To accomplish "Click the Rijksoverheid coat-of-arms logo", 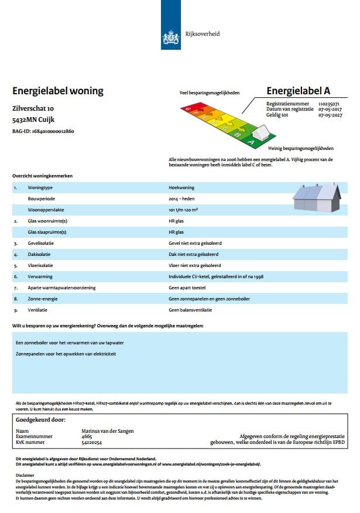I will pyautogui.click(x=170, y=36).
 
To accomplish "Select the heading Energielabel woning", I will pyautogui.click(x=57, y=91).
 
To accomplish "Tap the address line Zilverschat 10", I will pyautogui.click(x=33, y=109).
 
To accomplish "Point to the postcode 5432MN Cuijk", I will pyautogui.click(x=37, y=119).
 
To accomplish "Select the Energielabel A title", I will pyautogui.click(x=298, y=91).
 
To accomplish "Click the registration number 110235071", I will pyautogui.click(x=329, y=104).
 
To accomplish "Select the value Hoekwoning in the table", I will pyautogui.click(x=181, y=188).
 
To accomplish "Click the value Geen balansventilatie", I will pyautogui.click(x=190, y=310).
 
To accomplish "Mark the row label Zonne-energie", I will pyautogui.click(x=42, y=299).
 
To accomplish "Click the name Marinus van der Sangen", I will pyautogui.click(x=108, y=431).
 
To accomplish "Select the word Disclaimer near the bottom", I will pyautogui.click(x=25, y=476).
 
